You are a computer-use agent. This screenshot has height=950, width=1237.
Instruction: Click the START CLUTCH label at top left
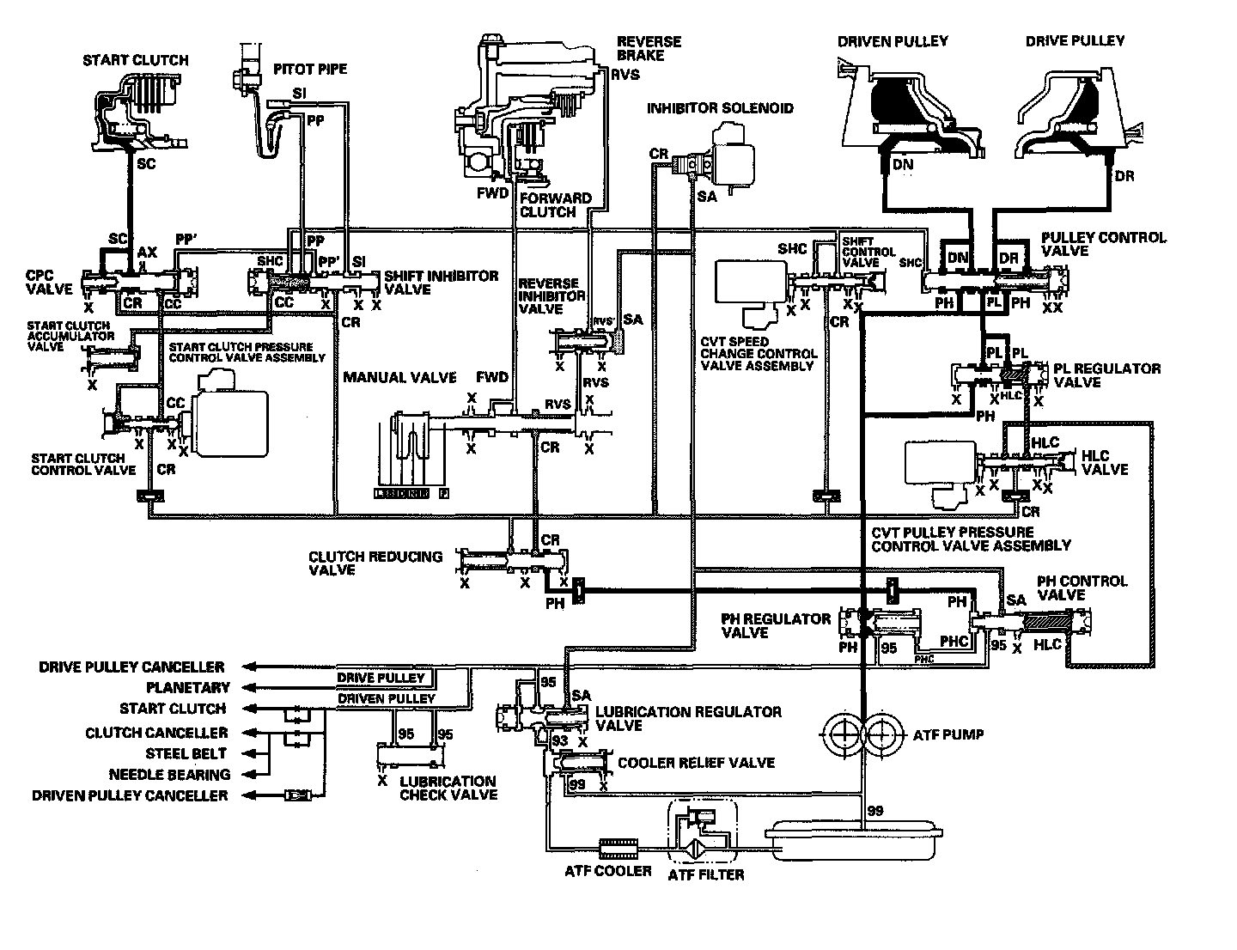[x=135, y=60]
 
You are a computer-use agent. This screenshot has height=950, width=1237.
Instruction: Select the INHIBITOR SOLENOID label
[x=720, y=108]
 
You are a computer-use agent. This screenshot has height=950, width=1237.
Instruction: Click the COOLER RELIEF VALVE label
[x=696, y=763]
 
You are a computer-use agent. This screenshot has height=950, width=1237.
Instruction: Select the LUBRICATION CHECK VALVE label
[x=448, y=788]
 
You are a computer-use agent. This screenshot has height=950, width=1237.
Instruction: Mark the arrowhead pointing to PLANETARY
[x=249, y=687]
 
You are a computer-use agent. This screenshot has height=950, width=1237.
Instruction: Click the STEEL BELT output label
[x=186, y=753]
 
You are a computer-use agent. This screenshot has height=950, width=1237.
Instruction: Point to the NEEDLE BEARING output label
[x=168, y=775]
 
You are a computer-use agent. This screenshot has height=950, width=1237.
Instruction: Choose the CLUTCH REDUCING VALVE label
[x=375, y=563]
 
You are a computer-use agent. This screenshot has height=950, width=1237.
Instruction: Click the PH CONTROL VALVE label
[x=1082, y=588]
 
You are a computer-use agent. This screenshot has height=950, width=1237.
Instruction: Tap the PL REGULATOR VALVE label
[x=1107, y=375]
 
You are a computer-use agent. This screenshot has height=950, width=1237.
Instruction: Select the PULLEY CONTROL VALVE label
[x=1103, y=244]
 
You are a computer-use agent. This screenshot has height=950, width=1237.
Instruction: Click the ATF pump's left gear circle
[x=844, y=734]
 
